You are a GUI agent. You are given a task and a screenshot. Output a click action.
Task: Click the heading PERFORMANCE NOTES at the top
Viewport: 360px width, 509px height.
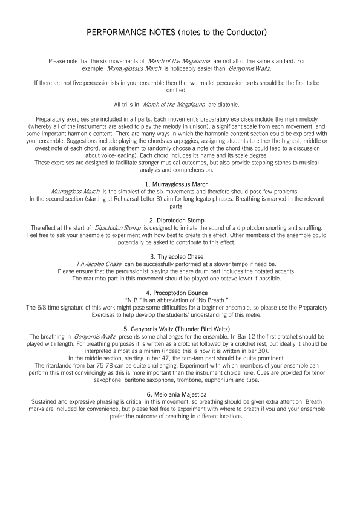[x=180, y=31]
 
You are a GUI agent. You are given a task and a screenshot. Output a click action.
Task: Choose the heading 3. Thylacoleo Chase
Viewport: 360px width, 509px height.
[x=180, y=257]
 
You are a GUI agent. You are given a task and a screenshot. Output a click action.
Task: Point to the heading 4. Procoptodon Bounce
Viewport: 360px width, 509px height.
[x=180, y=293]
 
